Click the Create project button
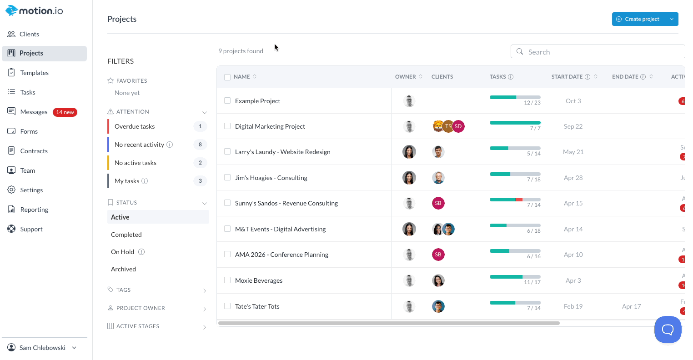[638, 19]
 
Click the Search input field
[600, 52]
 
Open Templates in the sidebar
[34, 73]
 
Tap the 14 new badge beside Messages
[65, 112]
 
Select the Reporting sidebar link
[34, 210]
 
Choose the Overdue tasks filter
[135, 126]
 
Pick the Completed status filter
[126, 235]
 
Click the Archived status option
[124, 269]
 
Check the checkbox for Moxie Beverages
[227, 280]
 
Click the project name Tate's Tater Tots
[257, 306]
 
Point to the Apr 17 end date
[631, 306]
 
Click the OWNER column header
[406, 77]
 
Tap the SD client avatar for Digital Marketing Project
[458, 126]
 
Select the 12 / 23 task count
[532, 103]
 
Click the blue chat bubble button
[668, 330]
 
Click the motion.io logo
[35, 11]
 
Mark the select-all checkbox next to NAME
[227, 77]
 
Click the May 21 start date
[573, 152]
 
